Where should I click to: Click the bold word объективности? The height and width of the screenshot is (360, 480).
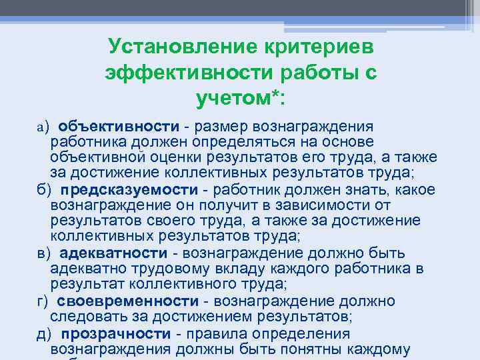click(x=118, y=126)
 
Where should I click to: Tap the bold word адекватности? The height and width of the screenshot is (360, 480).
click(x=113, y=253)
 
